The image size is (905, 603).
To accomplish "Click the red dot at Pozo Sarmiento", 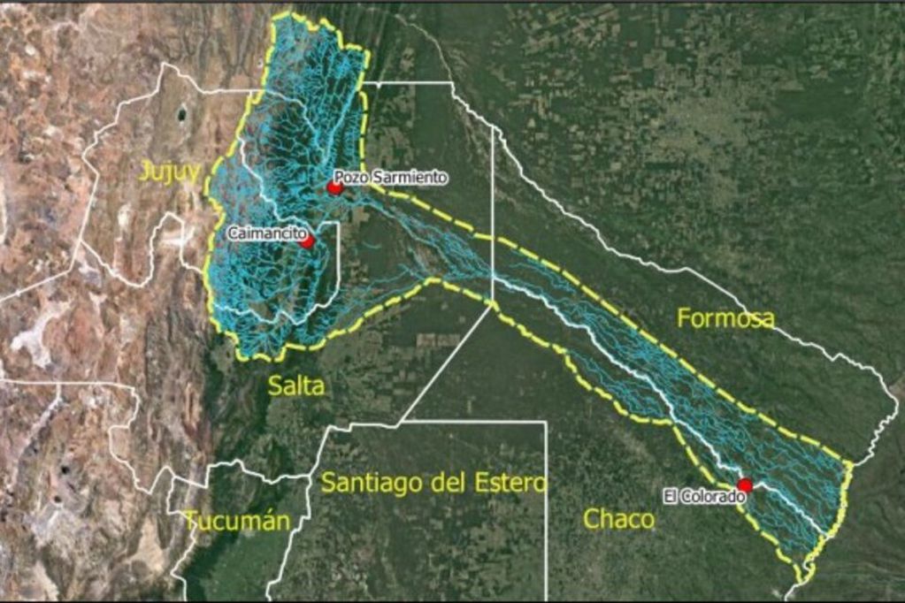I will click(x=335, y=187).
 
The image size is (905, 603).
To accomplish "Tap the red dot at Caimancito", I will click(x=307, y=240).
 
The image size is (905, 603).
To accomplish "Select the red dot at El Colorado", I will click(x=745, y=485).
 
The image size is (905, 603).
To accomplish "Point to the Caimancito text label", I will click(x=263, y=233).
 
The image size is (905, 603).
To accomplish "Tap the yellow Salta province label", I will click(x=295, y=385).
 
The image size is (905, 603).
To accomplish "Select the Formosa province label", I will click(x=725, y=318).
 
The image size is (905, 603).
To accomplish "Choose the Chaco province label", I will click(x=619, y=519).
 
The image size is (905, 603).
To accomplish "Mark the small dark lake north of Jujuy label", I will click(x=182, y=114).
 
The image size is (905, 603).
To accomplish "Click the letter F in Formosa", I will click(x=684, y=318).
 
